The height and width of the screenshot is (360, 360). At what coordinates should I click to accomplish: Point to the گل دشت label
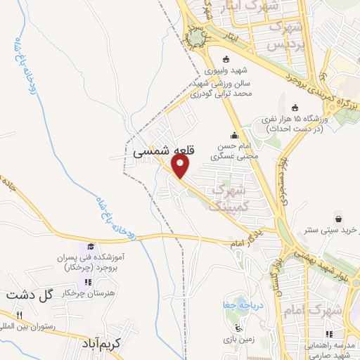29,295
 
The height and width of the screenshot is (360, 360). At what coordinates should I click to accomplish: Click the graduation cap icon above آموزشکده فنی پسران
90,246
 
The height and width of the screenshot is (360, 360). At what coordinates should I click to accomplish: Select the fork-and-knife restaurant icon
20,315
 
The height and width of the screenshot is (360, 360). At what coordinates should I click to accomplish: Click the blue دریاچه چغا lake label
238,306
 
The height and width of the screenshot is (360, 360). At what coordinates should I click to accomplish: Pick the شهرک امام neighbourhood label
314,310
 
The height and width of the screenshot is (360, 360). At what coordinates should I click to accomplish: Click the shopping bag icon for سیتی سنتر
339,218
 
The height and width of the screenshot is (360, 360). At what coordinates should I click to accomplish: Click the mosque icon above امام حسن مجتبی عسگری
233,136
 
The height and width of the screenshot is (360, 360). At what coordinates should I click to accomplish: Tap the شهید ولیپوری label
224,71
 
